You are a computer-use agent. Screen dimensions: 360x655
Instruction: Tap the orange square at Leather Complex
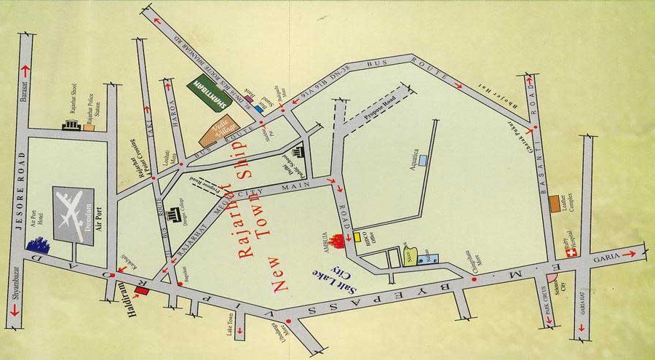555,200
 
